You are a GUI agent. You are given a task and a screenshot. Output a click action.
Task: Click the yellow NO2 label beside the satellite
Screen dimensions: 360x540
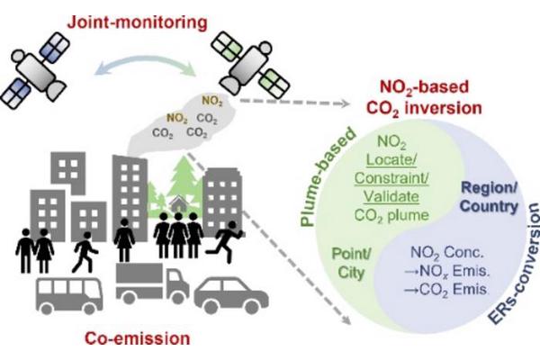[212, 100]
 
